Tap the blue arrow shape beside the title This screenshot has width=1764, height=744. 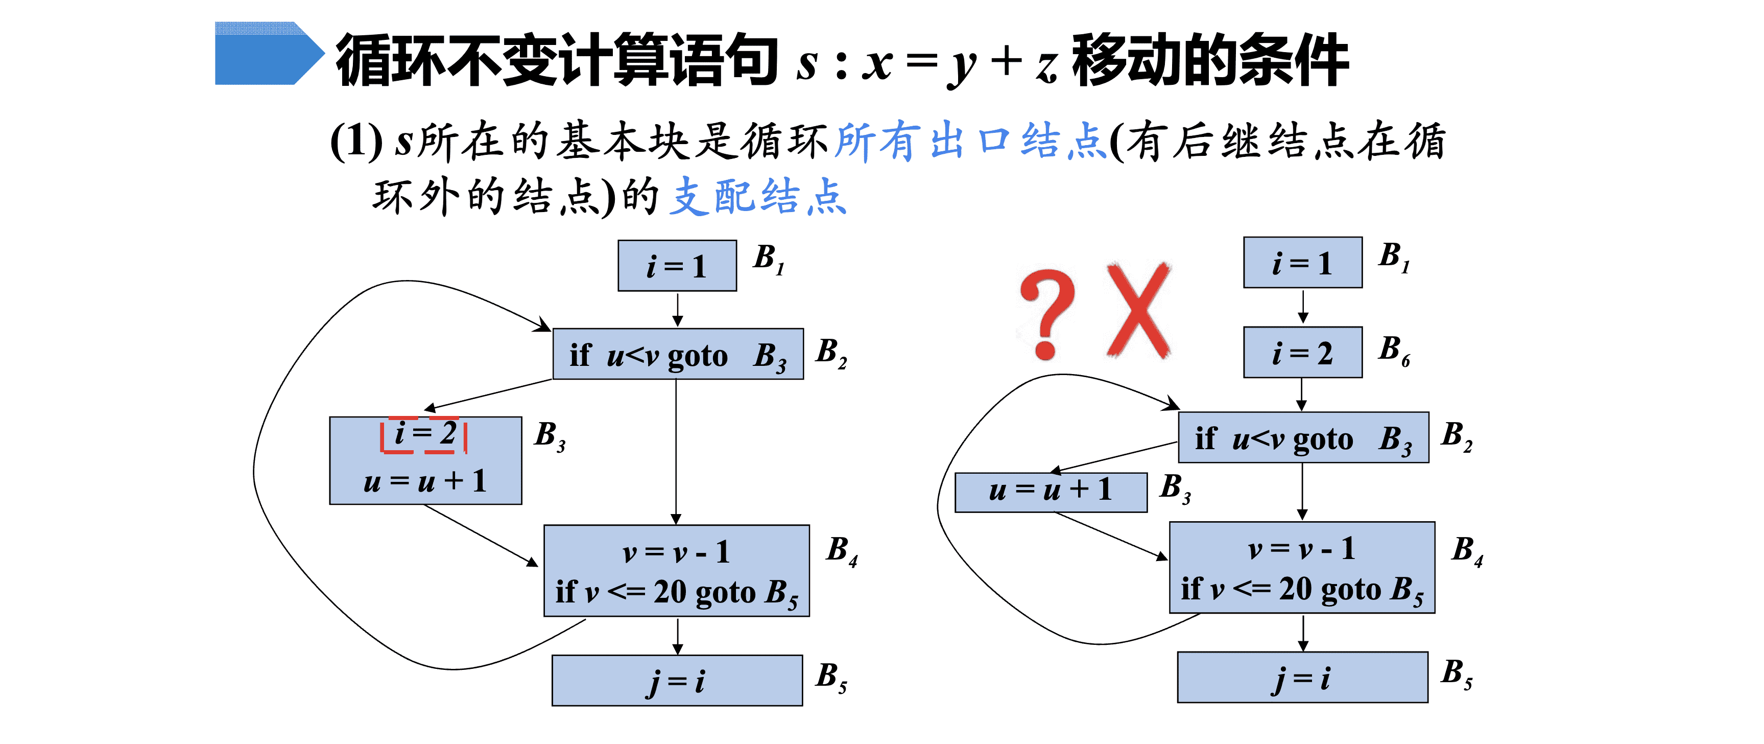point(269,54)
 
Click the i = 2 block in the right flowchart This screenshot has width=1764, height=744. point(1302,353)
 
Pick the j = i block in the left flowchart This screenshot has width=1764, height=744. point(677,680)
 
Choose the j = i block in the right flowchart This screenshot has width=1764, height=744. point(1302,678)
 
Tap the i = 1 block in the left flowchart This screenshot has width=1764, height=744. point(677,266)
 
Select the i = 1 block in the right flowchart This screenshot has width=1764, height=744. point(1302,262)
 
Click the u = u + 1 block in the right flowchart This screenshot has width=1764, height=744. point(1051,492)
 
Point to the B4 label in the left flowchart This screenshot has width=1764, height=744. point(842,551)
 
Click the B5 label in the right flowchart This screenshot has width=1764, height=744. point(1457,674)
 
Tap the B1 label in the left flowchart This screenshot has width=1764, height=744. point(769,259)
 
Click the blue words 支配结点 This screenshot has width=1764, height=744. point(758,197)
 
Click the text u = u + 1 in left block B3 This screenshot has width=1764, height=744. point(425,481)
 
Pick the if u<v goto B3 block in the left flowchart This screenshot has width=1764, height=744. point(678,354)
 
